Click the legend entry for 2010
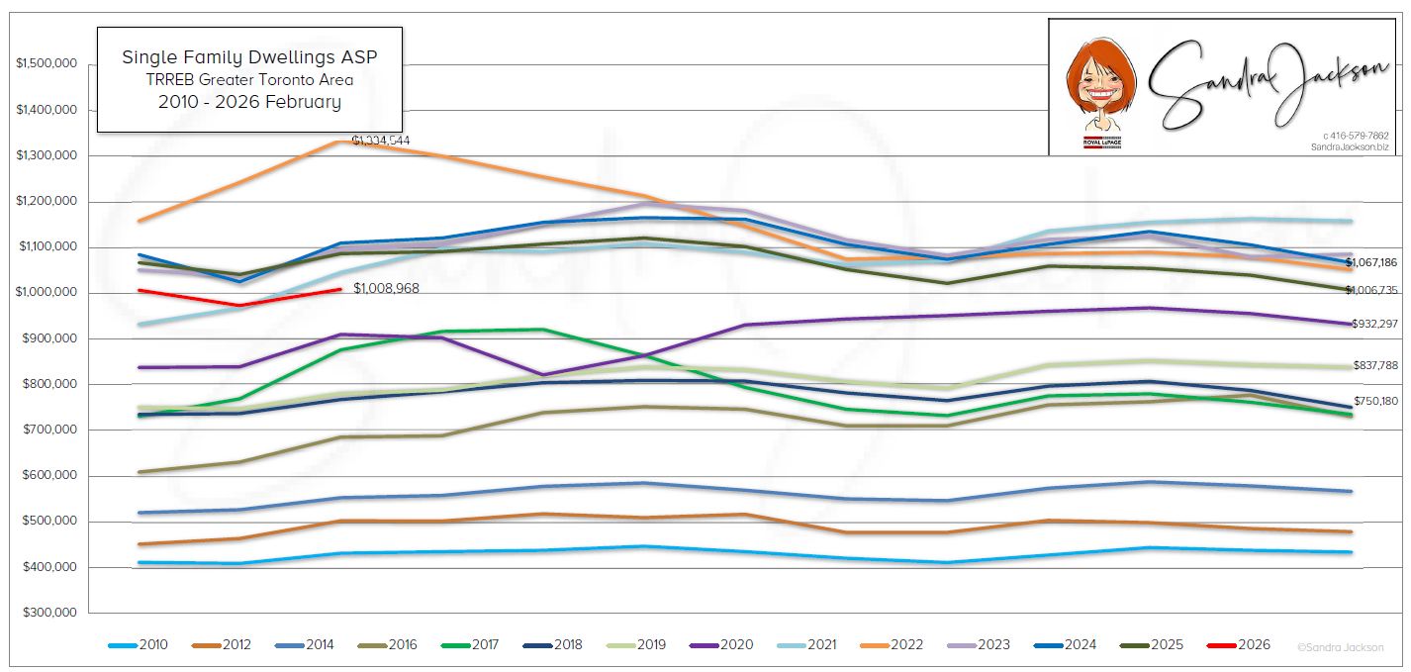(139, 645)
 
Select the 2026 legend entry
(1239, 645)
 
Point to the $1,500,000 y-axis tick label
(47, 64)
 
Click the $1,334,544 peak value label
(381, 141)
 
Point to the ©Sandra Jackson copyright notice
(1340, 647)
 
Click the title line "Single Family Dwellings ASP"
(249, 57)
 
